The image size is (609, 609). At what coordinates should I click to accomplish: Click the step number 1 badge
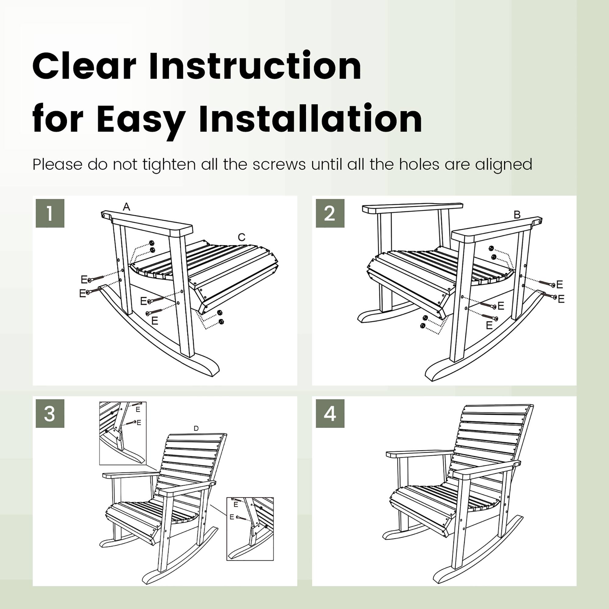click(x=50, y=213)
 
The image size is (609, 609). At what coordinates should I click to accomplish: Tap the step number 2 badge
click(x=330, y=213)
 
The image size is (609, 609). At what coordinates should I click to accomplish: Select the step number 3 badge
click(x=50, y=414)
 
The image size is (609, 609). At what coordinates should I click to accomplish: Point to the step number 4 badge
click(x=330, y=414)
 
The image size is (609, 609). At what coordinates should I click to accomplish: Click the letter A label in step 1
click(x=126, y=207)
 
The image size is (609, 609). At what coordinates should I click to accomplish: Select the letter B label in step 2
click(x=517, y=215)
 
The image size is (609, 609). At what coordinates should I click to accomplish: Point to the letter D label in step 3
click(x=196, y=428)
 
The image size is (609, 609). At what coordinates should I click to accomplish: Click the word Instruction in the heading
click(x=255, y=66)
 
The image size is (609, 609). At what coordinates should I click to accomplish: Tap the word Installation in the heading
click(x=311, y=119)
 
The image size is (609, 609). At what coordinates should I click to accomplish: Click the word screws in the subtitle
click(x=279, y=164)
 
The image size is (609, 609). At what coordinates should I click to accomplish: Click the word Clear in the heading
click(x=84, y=66)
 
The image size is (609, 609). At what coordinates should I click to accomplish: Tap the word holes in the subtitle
click(x=419, y=164)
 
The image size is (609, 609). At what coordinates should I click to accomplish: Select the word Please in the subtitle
click(x=58, y=164)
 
